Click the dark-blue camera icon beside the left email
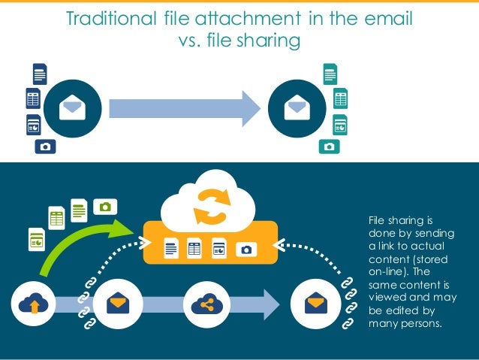(x=46, y=146)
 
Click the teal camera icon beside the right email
(x=328, y=146)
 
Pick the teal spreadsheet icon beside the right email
(x=340, y=98)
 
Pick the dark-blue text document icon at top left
(x=40, y=74)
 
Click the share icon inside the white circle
(x=204, y=304)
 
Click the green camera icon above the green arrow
(x=105, y=205)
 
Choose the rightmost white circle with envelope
(x=314, y=304)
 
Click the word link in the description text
(x=387, y=247)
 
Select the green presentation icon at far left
(x=36, y=240)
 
